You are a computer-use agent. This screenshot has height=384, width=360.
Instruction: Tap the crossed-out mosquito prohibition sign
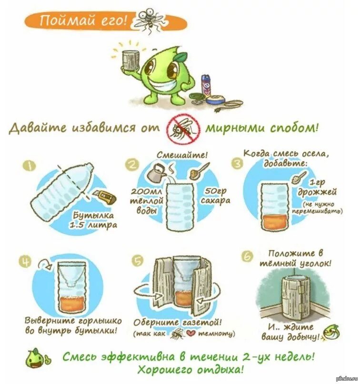pos(183,128)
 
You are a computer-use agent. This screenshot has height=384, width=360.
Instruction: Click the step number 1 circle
pos(30,166)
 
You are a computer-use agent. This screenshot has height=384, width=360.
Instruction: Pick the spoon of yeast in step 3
pos(300,177)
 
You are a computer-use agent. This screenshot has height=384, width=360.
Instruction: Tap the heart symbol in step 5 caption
pos(190,334)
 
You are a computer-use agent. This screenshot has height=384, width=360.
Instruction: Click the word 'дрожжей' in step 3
pos(317,192)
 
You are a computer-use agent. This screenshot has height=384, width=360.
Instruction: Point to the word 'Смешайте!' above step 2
pos(182,155)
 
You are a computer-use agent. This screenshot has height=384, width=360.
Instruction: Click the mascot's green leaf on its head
pos(181,57)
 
